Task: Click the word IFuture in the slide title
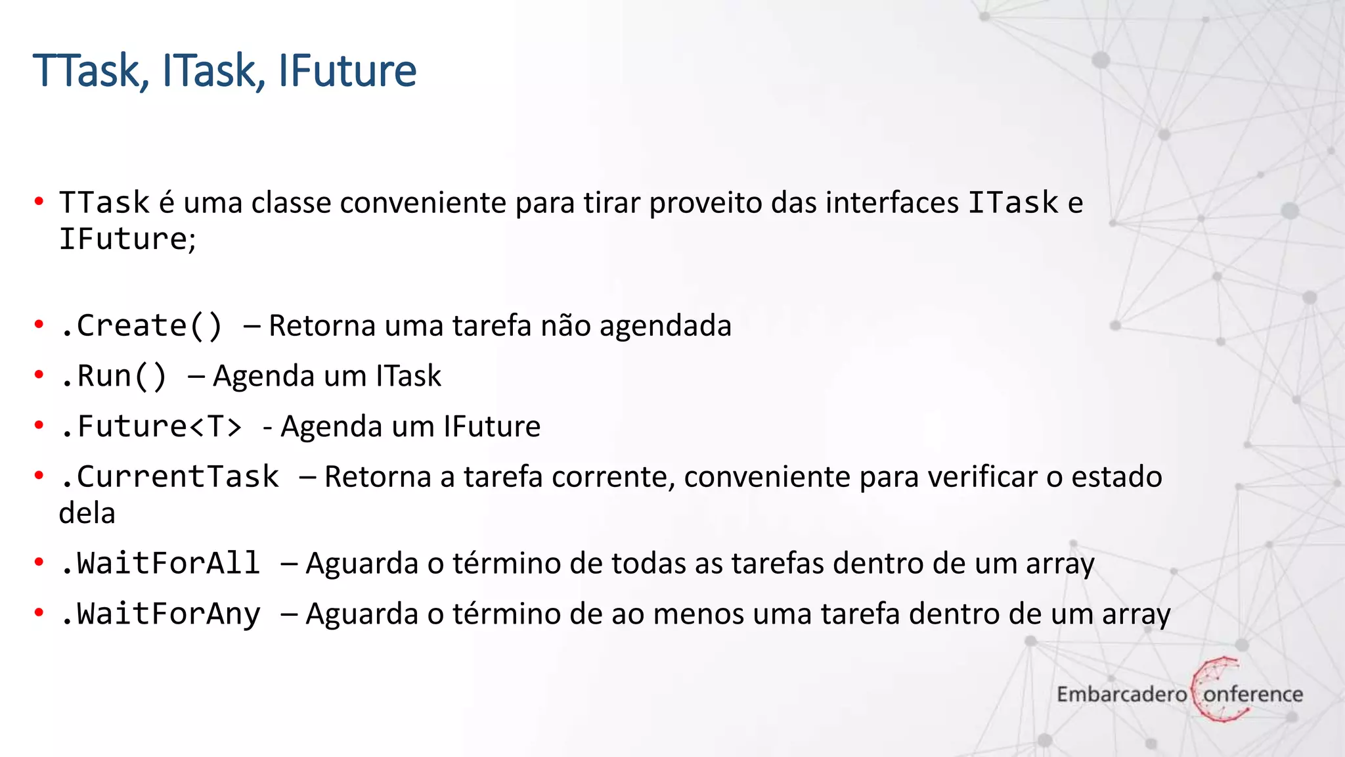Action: tap(347, 70)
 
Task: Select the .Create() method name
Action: tap(141, 326)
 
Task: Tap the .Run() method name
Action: tap(114, 377)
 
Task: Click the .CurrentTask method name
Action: tap(169, 477)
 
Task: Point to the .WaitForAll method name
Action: tap(160, 564)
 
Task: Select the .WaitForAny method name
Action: tap(160, 614)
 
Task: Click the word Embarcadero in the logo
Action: tap(1121, 694)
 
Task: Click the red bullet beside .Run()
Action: tap(39, 375)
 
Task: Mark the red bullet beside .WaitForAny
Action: tap(39, 613)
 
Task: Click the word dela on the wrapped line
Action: tap(87, 513)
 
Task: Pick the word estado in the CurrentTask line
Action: tap(1116, 477)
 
